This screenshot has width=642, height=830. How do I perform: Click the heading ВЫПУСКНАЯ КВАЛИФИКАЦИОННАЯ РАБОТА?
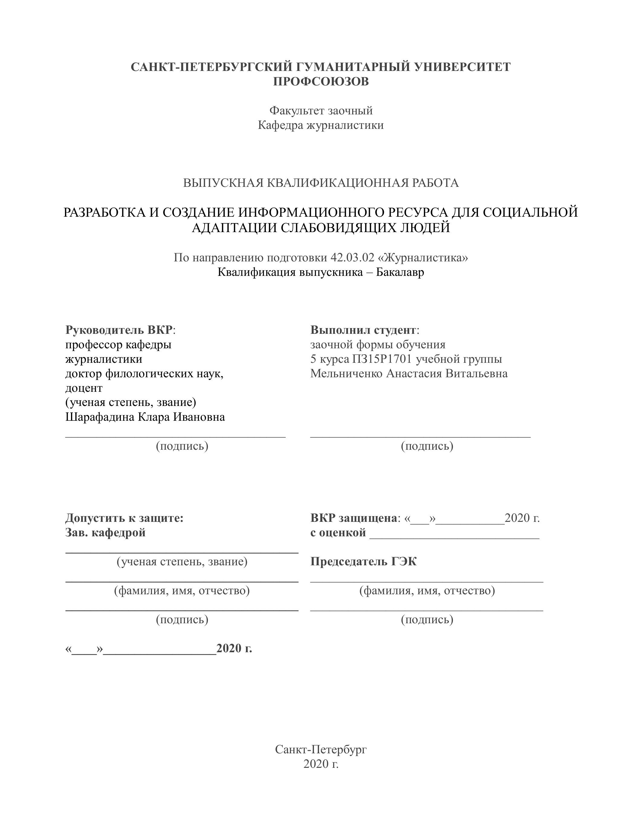coord(321,183)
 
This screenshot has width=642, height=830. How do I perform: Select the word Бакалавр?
coord(400,272)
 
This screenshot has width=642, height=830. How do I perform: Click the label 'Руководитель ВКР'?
coord(119,330)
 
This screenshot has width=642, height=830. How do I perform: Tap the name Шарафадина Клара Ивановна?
coord(145,417)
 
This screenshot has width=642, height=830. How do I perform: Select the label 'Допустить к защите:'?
coord(124,518)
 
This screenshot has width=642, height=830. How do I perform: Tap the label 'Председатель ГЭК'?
coord(363,561)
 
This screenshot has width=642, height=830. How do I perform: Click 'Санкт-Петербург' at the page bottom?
coord(321,749)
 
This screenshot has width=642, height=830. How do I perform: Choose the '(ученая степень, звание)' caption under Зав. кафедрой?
coord(182,561)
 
